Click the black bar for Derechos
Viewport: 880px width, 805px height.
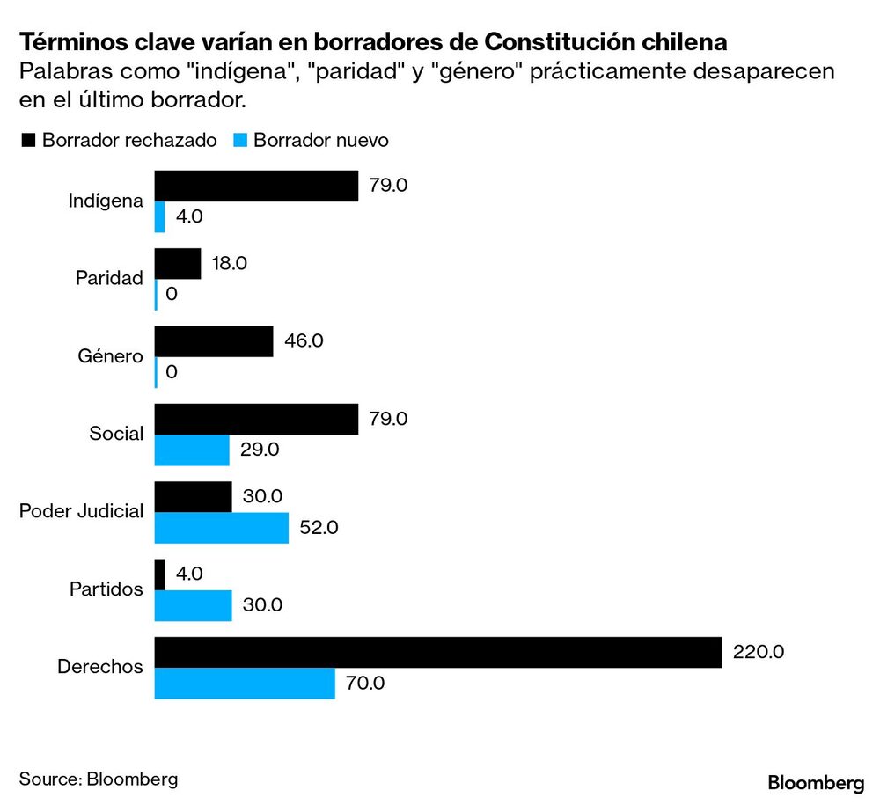438,652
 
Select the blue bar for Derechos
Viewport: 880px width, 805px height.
245,684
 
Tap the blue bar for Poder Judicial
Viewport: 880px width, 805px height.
222,528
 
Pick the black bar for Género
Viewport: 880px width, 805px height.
214,341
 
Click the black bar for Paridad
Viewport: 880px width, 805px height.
178,264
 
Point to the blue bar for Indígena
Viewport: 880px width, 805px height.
160,217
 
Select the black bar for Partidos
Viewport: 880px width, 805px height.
160,574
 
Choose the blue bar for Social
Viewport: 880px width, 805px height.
192,450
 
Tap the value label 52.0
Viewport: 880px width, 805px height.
319,528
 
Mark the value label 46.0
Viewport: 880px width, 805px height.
304,341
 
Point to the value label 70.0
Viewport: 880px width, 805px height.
365,684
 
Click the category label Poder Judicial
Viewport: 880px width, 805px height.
81,512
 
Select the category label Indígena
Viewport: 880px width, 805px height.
106,201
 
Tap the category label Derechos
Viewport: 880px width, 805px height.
99,668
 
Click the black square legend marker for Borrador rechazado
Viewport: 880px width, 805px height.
27,141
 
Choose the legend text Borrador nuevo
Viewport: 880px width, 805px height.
320,141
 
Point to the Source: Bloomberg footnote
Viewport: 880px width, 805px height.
99,779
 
